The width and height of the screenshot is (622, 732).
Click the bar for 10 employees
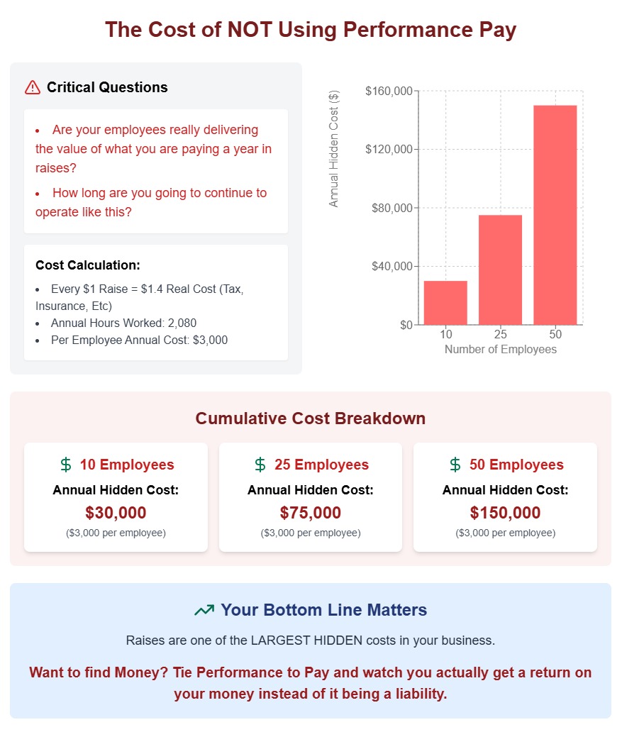(x=445, y=303)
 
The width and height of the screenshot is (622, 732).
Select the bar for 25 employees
(x=500, y=270)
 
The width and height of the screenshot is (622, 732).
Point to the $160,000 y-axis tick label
(x=389, y=91)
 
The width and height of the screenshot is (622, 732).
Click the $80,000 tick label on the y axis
(x=391, y=208)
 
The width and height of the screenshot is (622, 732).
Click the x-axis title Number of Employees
(x=500, y=349)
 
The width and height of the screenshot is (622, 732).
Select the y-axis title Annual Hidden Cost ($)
(x=334, y=149)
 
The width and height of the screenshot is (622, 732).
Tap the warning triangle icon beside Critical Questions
(x=33, y=87)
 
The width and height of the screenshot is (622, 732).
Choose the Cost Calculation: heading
(x=88, y=265)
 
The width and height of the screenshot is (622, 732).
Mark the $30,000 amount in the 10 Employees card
(x=116, y=513)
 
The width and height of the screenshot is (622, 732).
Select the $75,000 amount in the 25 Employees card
(x=311, y=513)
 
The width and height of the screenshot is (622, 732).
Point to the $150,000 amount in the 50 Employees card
(x=505, y=513)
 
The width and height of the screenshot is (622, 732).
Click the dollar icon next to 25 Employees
(x=261, y=465)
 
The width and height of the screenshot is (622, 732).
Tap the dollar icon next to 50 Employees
(x=455, y=465)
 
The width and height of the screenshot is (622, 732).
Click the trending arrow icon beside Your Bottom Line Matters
(x=204, y=610)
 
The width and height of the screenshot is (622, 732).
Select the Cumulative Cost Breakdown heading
(x=311, y=418)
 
